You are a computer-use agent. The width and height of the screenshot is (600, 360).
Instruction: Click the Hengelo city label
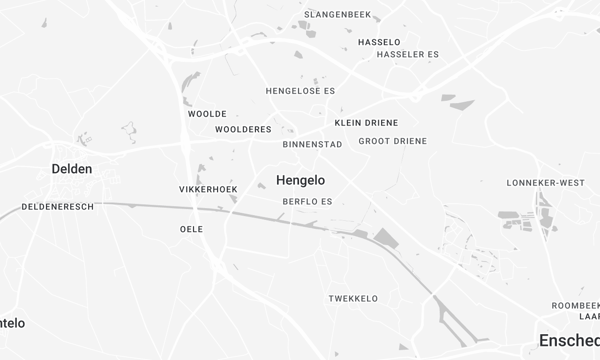(300, 181)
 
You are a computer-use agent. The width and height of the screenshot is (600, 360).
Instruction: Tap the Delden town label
(72, 169)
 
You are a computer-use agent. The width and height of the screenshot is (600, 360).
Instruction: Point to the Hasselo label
(378, 42)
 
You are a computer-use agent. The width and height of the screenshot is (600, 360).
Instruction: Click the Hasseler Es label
(407, 54)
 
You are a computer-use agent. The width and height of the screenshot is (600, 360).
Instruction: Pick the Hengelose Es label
(300, 91)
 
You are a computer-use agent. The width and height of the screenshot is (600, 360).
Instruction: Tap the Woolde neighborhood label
(207, 114)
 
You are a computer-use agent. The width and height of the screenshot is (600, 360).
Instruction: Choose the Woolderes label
(243, 130)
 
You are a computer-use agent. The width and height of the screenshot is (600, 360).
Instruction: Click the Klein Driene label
(366, 123)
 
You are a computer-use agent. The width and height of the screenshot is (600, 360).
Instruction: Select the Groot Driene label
(392, 141)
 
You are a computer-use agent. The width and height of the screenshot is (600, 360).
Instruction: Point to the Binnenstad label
(313, 145)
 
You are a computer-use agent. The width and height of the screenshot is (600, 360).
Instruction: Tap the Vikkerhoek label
(207, 189)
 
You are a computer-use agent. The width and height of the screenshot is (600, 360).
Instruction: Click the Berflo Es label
(307, 201)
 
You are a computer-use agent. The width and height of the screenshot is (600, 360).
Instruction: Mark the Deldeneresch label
(58, 208)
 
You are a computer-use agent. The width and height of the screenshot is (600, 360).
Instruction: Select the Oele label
(191, 229)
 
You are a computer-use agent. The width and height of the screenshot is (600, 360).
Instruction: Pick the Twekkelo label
(353, 298)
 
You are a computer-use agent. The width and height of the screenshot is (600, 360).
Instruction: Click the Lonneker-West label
(546, 183)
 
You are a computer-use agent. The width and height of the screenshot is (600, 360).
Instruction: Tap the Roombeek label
(574, 306)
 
